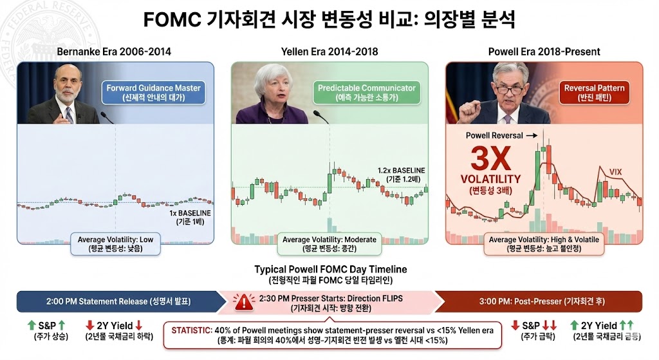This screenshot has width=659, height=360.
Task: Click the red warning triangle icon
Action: tap(244, 301)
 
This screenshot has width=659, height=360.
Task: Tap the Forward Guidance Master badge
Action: tap(153, 93)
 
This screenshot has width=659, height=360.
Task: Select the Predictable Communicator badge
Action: tap(366, 93)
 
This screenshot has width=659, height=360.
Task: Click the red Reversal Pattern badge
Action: tap(594, 93)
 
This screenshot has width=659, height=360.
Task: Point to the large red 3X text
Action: tap(490, 158)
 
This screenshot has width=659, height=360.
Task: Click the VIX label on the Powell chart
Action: tap(615, 171)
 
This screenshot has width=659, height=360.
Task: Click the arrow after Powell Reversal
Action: tap(532, 135)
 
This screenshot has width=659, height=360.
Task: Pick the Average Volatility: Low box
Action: tap(115, 244)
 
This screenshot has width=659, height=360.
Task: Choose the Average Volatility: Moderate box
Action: tap(329, 244)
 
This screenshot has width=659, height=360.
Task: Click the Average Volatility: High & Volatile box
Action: tap(544, 244)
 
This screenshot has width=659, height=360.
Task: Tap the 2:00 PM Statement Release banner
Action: tap(121, 301)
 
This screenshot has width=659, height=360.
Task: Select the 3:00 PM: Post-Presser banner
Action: tap(539, 301)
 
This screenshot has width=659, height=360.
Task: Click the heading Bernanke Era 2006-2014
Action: tap(114, 52)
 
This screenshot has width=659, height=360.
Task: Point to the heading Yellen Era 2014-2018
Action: tap(329, 52)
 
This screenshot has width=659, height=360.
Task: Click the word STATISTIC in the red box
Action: tap(191, 330)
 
